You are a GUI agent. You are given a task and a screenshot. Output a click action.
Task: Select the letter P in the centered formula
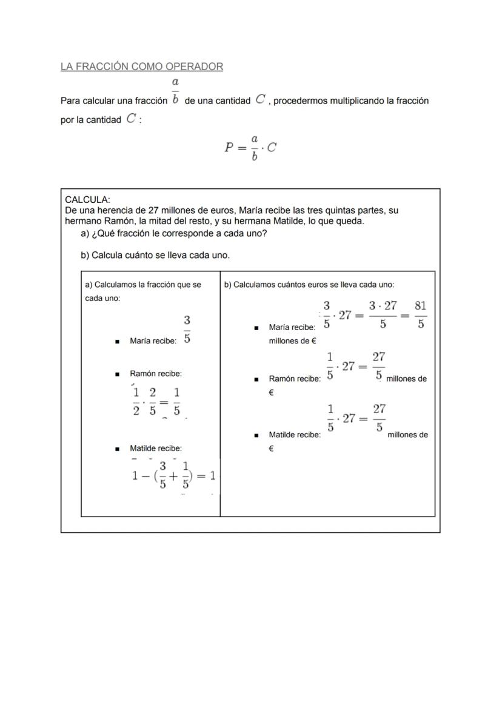(x=229, y=147)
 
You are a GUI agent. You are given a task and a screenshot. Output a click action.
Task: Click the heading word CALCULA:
(x=87, y=199)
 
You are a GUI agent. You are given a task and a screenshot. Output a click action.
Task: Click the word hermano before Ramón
(x=84, y=221)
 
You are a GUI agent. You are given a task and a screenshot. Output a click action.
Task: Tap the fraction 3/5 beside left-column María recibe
(x=187, y=329)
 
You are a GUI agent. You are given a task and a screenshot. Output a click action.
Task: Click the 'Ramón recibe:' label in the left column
(x=156, y=374)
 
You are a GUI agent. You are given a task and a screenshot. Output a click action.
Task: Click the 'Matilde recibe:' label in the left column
(x=156, y=448)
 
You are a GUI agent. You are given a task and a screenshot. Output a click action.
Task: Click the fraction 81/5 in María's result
(x=420, y=314)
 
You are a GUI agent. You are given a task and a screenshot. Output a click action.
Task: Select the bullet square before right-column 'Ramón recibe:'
(x=256, y=379)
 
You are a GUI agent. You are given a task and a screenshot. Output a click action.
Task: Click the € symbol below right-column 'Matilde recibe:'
(x=271, y=449)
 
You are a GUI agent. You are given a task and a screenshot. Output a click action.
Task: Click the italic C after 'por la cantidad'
(x=131, y=119)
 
